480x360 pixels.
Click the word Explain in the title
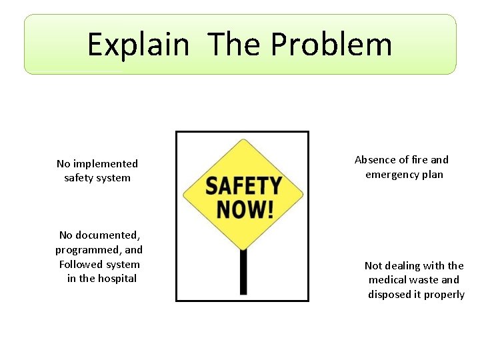coord(138,45)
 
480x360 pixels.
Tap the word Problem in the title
coord(331,45)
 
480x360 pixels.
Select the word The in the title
coord(233,45)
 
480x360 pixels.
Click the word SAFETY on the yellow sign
coord(243,185)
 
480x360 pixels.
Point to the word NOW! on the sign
coord(245,209)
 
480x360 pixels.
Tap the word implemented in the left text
coord(105,164)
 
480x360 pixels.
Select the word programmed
coord(85,250)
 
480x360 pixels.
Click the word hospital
coord(117,279)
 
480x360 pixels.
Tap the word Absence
coord(376,160)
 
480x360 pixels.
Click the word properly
coord(443,295)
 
